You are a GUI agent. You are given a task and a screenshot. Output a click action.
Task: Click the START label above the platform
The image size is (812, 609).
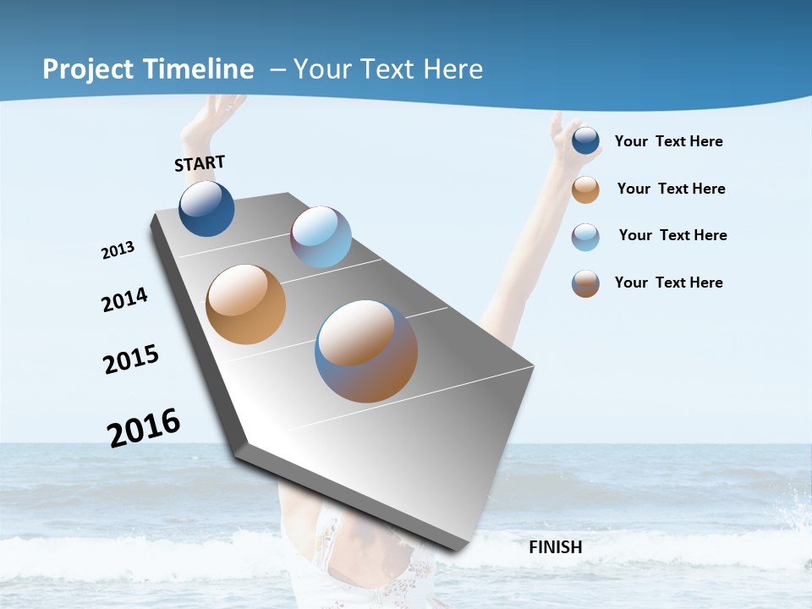coord(200,163)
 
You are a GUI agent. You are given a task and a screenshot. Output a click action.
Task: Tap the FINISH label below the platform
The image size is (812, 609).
coord(556,547)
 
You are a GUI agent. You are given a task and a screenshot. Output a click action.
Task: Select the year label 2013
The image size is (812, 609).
coord(118,250)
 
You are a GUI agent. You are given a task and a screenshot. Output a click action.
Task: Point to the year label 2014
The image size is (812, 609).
coord(125,299)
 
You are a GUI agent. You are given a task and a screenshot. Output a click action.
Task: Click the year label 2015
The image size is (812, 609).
coord(131,359)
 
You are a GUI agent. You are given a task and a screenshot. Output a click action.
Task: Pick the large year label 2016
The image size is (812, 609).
coord(144,427)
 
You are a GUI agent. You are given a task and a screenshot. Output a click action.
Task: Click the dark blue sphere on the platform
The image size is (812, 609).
coord(206,209)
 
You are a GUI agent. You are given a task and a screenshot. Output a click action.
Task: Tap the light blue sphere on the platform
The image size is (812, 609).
coord(321,237)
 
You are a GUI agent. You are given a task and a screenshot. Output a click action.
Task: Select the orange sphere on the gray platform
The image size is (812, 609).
coord(245,304)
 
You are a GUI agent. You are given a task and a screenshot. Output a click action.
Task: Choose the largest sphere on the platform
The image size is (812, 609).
coord(366,351)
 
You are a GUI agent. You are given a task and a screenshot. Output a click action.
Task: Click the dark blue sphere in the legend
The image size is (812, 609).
coord(585,141)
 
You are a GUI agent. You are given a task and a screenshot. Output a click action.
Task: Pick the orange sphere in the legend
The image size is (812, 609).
coord(585,189)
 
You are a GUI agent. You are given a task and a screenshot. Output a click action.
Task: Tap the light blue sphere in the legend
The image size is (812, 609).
coord(585,236)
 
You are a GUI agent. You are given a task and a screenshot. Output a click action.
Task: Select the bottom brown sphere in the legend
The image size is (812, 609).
coord(585,283)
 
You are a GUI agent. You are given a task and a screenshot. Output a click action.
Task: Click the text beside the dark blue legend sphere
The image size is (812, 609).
coord(668,142)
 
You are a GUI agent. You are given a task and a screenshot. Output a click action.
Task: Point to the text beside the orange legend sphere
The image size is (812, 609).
coord(671,189)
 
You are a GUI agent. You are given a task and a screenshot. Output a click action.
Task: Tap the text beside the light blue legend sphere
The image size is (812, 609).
coord(672,235)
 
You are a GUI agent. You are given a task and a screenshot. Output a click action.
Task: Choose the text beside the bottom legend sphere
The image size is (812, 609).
coord(668,283)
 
